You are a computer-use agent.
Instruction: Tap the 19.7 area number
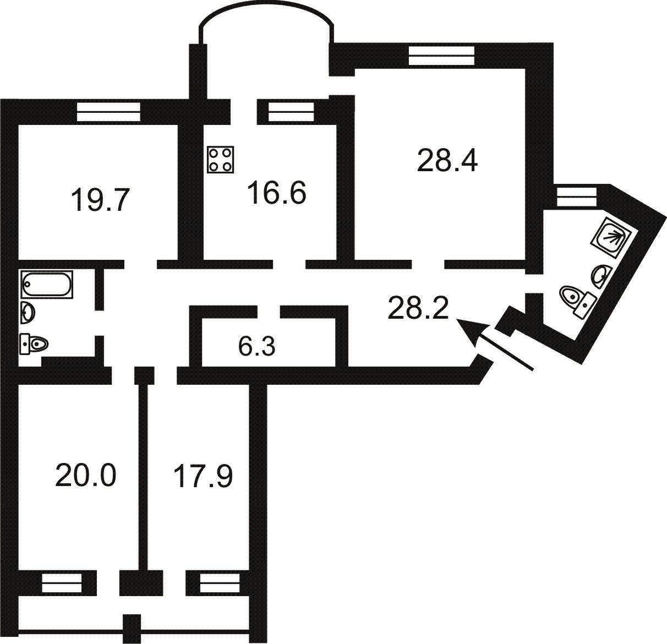coord(100,200)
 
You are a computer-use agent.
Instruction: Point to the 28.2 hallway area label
coord(418,308)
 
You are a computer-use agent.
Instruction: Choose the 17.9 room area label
coord(203,476)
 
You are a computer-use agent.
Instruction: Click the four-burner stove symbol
coord(221,160)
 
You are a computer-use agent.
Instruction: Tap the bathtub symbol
coord(47,285)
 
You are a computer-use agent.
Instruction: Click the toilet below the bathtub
coord(34,344)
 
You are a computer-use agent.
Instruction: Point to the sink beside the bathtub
coord(28,312)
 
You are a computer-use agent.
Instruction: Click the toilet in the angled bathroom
coord(578,302)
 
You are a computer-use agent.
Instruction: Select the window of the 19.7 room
coord(108,112)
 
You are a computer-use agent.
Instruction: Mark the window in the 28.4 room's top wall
coord(441,56)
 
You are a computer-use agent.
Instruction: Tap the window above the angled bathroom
coord(577,197)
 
